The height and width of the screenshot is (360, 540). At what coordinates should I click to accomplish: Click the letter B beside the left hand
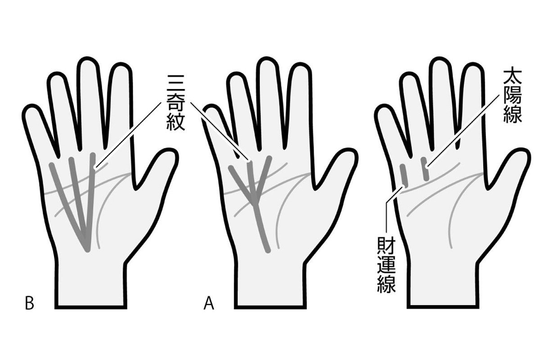pos(29,304)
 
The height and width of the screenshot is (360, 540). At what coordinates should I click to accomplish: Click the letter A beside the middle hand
pos(209,304)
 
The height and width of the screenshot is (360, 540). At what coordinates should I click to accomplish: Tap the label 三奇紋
pos(176,103)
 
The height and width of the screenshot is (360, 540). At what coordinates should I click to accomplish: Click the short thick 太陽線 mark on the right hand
pos(425,169)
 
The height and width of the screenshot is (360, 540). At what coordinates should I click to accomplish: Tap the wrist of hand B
pos(91,284)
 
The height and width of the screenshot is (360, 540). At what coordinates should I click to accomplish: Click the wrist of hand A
pos(270,284)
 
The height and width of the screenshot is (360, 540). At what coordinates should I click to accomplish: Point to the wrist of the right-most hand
pos(443,284)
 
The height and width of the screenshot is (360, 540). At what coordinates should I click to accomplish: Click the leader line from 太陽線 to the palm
pos(463,130)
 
